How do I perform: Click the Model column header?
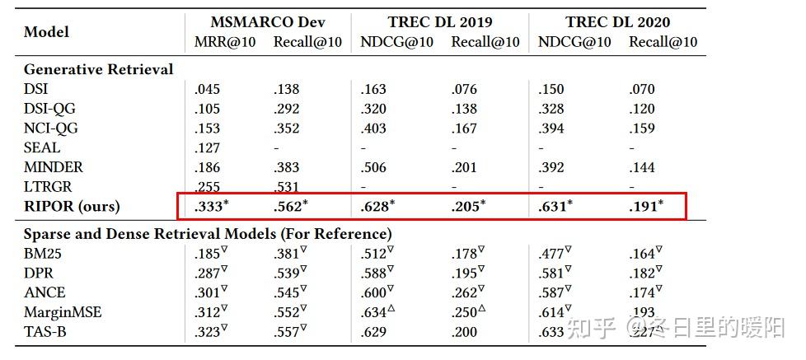point(46,32)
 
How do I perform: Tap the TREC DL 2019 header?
point(441,22)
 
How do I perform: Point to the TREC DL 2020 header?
point(617,22)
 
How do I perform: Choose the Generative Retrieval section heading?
point(98,69)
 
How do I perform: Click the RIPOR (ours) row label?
point(72,206)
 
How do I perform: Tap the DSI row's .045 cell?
point(207,89)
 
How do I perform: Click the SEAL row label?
point(42,147)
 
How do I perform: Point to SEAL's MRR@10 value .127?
point(207,147)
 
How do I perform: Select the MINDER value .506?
point(373,167)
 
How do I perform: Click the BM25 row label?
point(43,254)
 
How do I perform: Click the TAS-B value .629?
point(373,331)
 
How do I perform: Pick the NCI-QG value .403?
point(373,128)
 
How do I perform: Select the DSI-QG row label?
point(49,109)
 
